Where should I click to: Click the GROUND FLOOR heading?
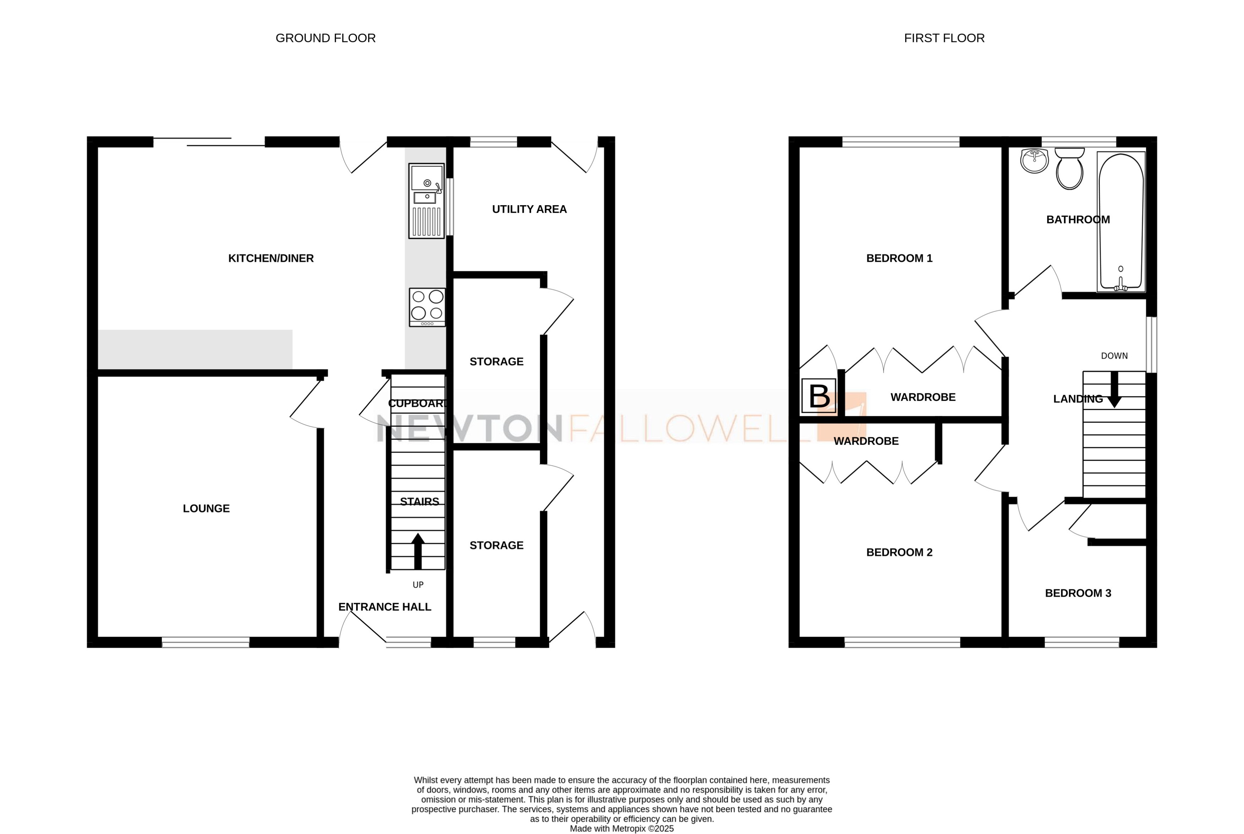(325, 38)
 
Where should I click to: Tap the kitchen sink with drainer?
(427, 201)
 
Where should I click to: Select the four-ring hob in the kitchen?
(427, 307)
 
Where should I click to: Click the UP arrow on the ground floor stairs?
(418, 551)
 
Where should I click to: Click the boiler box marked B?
(819, 396)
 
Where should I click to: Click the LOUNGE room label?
(206, 508)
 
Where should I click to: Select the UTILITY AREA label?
(529, 209)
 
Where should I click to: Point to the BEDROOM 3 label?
(1078, 593)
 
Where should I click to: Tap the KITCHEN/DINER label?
(271, 258)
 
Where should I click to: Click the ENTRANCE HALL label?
(384, 607)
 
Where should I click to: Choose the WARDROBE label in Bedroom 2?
(866, 441)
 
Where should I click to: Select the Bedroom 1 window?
(901, 141)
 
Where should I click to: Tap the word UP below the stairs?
(418, 584)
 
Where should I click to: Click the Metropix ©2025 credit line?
(621, 828)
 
